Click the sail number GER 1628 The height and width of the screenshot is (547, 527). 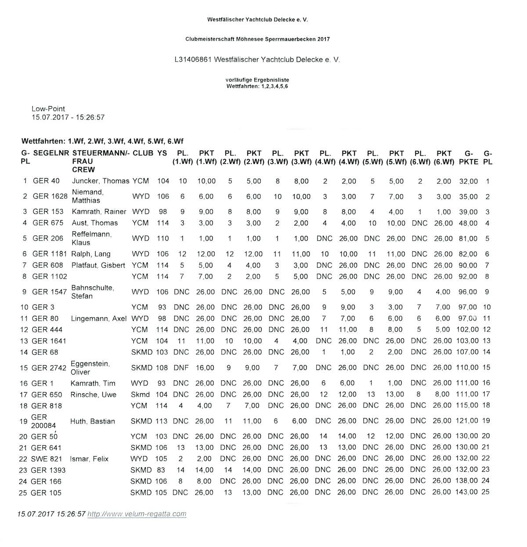[50, 197]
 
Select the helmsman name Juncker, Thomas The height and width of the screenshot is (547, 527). [101, 181]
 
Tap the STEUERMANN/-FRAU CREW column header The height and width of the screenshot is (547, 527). [101, 161]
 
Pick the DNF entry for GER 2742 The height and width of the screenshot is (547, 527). [181, 368]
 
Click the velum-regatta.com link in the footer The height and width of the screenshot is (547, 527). [137, 514]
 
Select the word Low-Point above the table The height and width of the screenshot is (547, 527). [48, 109]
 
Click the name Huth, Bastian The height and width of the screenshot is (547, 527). [93, 421]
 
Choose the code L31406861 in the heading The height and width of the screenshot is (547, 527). [191, 59]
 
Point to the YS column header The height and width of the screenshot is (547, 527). [162, 153]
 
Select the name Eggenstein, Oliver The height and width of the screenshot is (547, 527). [90, 368]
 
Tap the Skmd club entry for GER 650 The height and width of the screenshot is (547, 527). [140, 394]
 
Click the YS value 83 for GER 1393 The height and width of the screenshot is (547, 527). [161, 470]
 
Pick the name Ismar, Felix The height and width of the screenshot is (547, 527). [89, 459]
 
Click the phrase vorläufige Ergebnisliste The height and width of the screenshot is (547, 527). [257, 80]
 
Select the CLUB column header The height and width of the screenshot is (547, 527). [143, 153]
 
